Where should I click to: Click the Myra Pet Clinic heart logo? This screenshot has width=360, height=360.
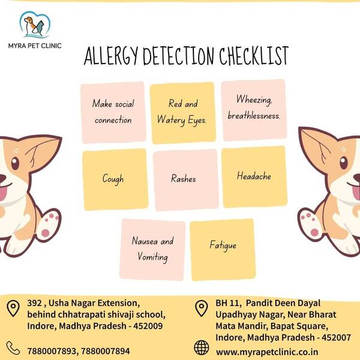35,25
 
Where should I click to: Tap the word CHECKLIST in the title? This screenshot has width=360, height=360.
254,56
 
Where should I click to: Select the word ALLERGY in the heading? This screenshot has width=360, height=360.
111,56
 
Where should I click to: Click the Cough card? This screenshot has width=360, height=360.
115,179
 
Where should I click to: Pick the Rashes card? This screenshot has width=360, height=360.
186,180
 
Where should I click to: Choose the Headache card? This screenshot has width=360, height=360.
254,177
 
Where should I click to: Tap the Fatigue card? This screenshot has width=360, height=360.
223,250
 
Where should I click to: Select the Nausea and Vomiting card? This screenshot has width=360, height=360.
152,250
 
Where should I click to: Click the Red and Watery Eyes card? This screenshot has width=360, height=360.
183,113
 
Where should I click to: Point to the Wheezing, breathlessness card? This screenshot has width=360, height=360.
254,110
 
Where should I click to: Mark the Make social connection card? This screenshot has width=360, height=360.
113,113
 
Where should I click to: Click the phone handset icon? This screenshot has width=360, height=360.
13,348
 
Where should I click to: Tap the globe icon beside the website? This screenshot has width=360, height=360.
202,347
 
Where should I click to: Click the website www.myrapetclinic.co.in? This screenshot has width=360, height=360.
267,352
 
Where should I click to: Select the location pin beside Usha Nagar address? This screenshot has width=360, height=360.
13,308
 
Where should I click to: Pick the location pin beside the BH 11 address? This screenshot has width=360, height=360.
202,308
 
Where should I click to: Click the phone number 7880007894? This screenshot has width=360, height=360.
106,351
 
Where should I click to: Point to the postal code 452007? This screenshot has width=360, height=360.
336,337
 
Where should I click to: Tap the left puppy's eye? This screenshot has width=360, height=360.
14,163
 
